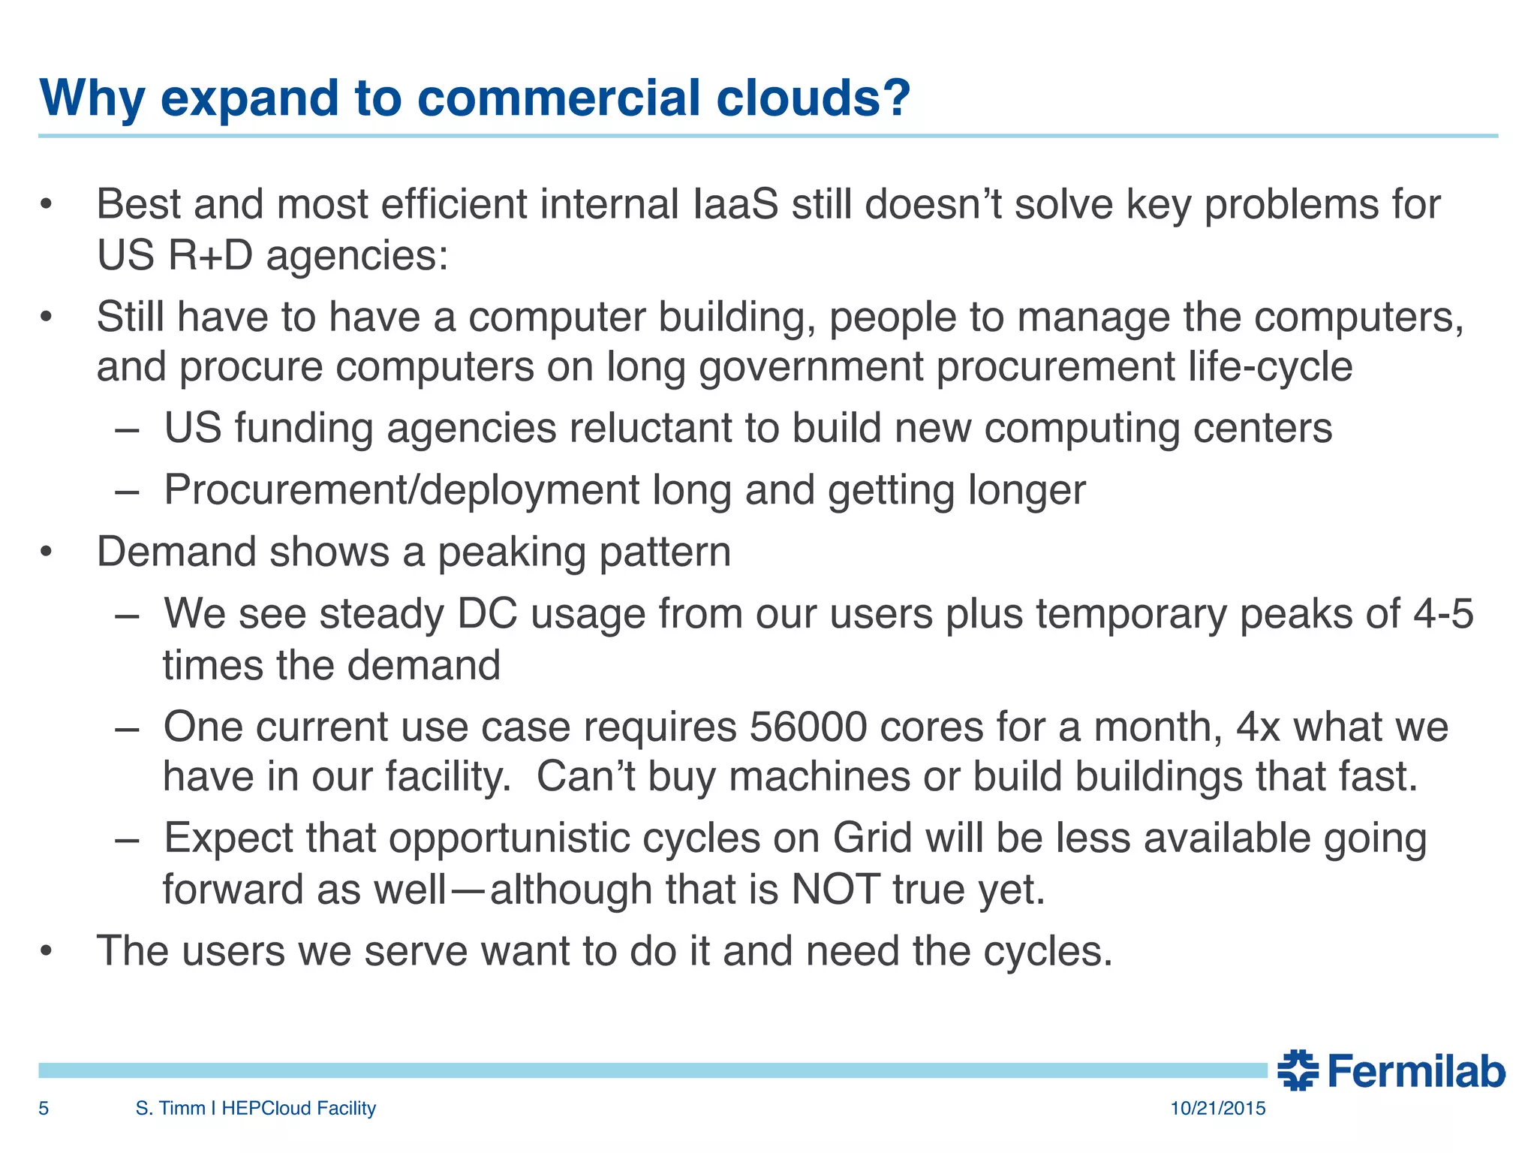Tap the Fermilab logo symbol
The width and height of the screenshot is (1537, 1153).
1298,1070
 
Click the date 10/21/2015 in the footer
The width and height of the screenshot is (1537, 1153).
1217,1108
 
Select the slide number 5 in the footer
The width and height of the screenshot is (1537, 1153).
44,1108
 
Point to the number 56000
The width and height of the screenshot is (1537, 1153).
808,727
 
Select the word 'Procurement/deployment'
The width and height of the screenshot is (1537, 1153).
402,490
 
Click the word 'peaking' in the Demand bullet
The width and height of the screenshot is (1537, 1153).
511,552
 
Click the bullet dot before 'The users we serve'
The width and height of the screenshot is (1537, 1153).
47,952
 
